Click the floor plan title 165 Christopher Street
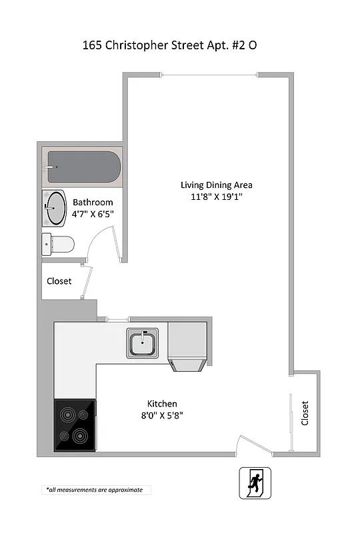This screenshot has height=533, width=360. (169, 46)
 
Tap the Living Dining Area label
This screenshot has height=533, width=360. (217, 185)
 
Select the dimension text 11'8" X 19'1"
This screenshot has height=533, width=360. (217, 197)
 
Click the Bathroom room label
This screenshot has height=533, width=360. (93, 203)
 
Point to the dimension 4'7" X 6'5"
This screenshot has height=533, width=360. (93, 215)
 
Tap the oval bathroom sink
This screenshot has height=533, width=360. (55, 209)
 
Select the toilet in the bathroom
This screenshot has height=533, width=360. (58, 245)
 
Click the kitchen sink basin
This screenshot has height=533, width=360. (143, 344)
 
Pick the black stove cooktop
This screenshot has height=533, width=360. (75, 425)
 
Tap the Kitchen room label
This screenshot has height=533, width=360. (162, 404)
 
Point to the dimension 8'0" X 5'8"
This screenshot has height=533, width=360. (162, 416)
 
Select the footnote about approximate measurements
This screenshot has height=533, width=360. (95, 490)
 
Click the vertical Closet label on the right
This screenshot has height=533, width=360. (305, 413)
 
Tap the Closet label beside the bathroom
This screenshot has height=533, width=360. (59, 281)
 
